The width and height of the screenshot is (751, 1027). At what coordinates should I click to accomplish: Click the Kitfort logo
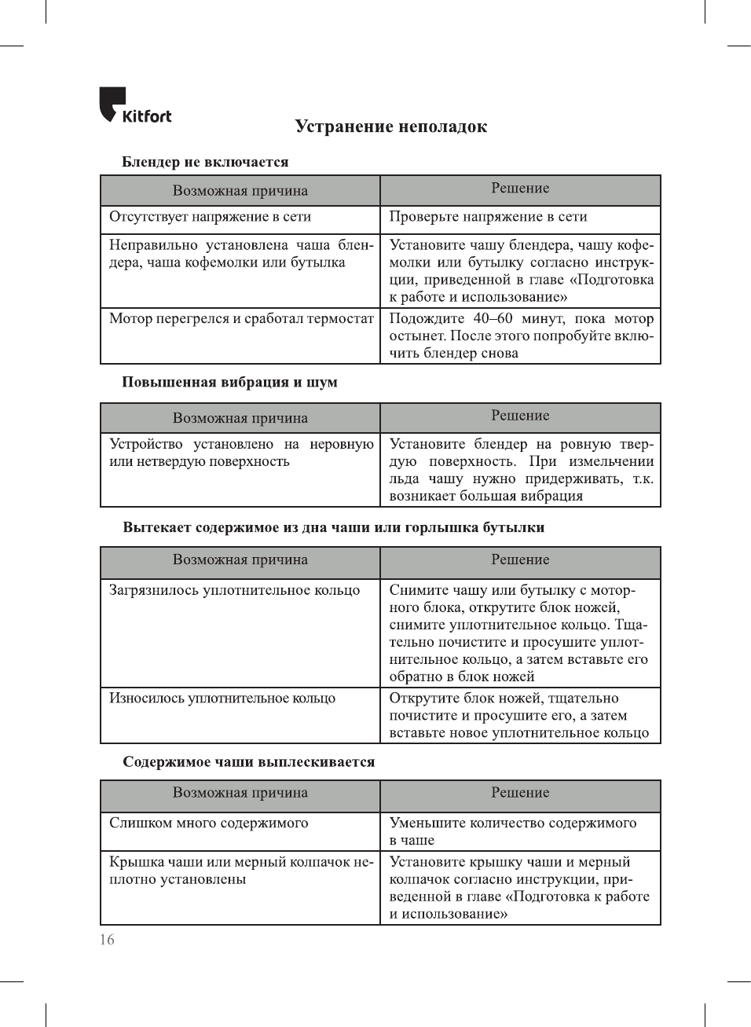pyautogui.click(x=134, y=106)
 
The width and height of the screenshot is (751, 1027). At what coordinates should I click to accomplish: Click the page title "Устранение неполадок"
pyautogui.click(x=390, y=127)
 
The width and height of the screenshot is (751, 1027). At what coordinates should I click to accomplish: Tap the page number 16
pyautogui.click(x=107, y=940)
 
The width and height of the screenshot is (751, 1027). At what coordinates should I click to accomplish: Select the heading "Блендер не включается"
pyautogui.click(x=205, y=162)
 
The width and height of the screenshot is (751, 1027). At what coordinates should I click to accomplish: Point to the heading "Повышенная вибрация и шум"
pyautogui.click(x=229, y=383)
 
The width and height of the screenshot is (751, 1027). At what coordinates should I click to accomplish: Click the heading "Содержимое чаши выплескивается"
pyautogui.click(x=248, y=762)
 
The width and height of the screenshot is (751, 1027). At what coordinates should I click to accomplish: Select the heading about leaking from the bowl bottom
pyautogui.click(x=333, y=528)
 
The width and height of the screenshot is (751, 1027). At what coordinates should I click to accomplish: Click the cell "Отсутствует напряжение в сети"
pyautogui.click(x=210, y=217)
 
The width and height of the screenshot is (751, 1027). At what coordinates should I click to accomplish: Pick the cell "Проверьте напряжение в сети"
pyautogui.click(x=488, y=217)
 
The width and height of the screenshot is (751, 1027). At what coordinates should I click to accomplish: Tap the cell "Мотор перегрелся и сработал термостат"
pyautogui.click(x=241, y=319)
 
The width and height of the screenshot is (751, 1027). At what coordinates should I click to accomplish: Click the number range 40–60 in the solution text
pyautogui.click(x=493, y=319)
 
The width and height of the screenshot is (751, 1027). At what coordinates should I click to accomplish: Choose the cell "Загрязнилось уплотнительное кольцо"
pyautogui.click(x=234, y=591)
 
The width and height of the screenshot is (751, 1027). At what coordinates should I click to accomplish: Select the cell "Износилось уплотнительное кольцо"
pyautogui.click(x=222, y=699)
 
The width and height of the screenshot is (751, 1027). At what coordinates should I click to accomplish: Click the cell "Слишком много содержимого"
pyautogui.click(x=208, y=823)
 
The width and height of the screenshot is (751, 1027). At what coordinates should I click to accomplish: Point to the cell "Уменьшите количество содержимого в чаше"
pyautogui.click(x=512, y=831)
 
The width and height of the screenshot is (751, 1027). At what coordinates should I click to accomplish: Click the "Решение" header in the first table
pyautogui.click(x=520, y=189)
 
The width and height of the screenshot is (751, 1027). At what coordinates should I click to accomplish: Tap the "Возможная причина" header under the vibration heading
pyautogui.click(x=240, y=418)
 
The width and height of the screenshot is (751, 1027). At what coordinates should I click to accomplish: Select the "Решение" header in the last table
pyautogui.click(x=520, y=793)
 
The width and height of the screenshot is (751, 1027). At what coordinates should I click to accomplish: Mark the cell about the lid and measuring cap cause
pyautogui.click(x=240, y=871)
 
